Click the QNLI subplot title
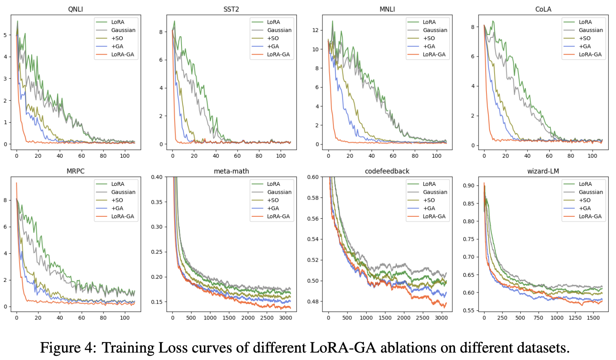(x=75, y=9)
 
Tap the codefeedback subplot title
(x=387, y=171)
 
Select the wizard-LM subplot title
(x=543, y=171)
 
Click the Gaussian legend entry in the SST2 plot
(x=279, y=30)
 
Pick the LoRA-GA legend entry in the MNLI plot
(x=434, y=54)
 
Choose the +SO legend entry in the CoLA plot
(x=584, y=38)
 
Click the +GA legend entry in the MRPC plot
(x=117, y=208)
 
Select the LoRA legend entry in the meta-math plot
(x=273, y=184)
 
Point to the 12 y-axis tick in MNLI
(x=315, y=30)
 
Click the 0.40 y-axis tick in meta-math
(x=157, y=177)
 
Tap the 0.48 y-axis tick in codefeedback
(x=313, y=301)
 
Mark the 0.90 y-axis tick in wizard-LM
(x=468, y=185)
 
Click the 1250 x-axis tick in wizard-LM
(x=575, y=318)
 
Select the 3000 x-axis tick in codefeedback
(x=442, y=318)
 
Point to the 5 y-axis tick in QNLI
(x=5, y=35)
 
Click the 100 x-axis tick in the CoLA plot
(x=592, y=156)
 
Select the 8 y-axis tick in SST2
(x=161, y=32)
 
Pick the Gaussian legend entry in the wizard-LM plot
(x=591, y=192)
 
